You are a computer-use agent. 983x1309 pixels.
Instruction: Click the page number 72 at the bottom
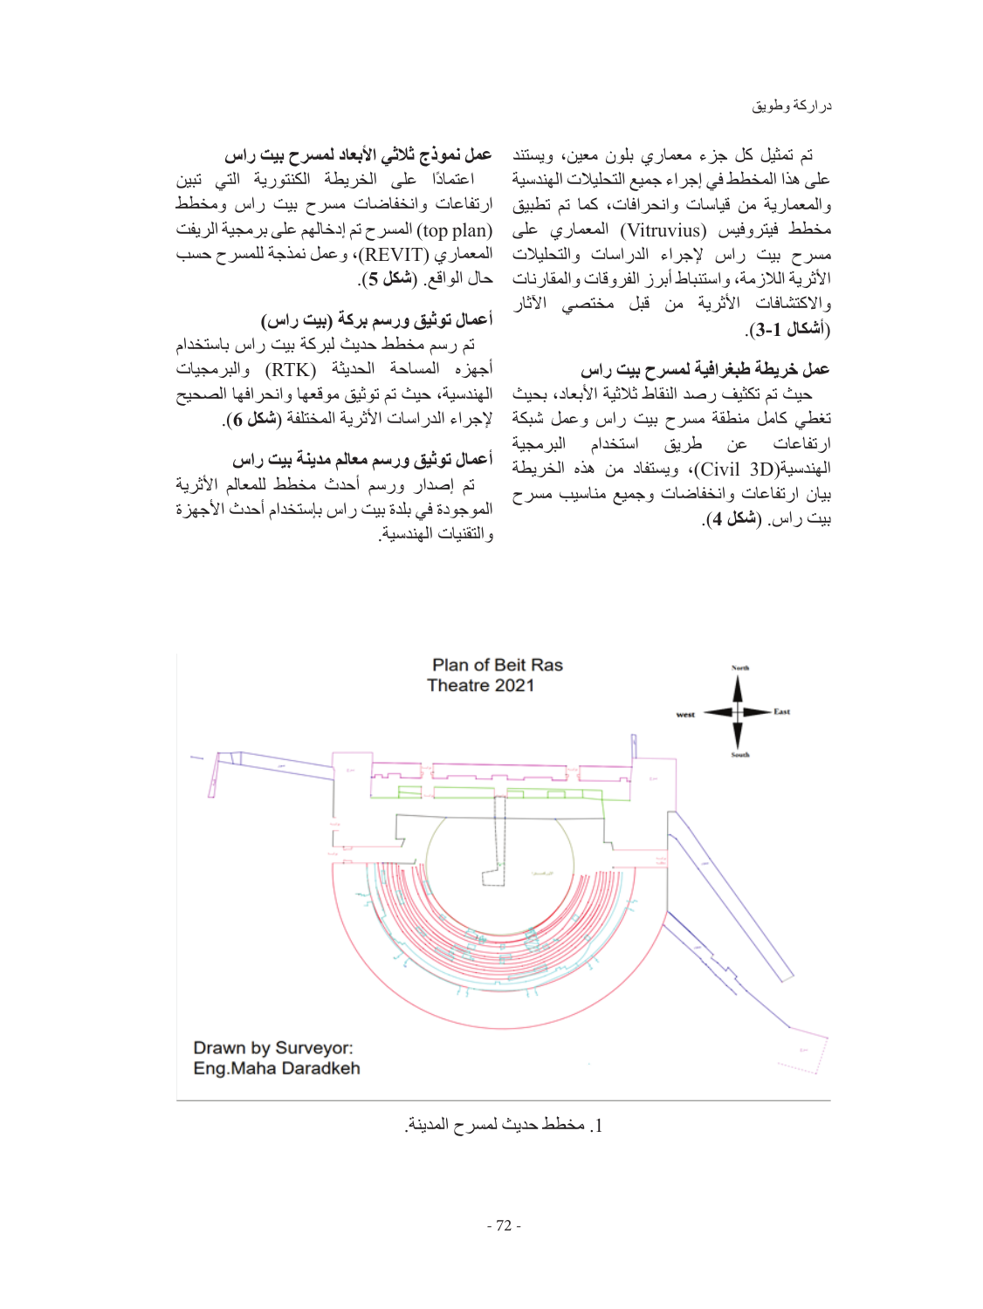504,1225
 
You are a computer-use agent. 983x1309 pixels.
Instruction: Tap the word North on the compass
739,668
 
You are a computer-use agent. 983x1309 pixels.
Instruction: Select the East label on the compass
781,711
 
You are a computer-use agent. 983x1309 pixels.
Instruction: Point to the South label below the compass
739,755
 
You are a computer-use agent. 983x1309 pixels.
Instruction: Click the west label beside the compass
685,715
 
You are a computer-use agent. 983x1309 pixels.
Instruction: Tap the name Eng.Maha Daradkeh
277,1068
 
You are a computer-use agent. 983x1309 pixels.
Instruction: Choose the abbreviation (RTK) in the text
291,370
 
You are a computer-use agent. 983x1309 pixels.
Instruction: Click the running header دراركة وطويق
792,106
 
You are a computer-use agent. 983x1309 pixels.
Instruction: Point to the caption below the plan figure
504,1125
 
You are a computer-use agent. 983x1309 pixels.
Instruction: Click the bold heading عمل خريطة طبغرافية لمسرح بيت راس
705,369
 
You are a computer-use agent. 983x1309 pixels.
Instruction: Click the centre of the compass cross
739,711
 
